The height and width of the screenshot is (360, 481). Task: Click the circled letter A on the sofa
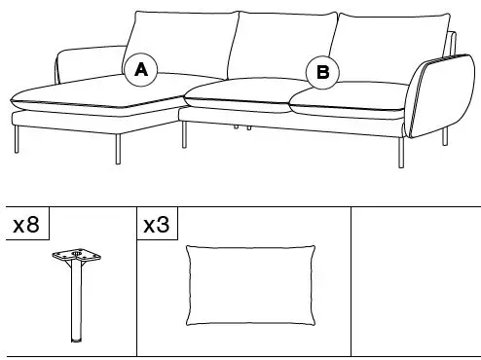141,69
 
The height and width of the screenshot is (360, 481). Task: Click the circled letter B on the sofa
323,71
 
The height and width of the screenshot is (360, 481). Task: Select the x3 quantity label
156,227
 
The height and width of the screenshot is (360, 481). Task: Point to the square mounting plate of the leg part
75,258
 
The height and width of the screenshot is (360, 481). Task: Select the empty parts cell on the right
415,282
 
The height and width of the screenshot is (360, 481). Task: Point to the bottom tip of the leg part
75,342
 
